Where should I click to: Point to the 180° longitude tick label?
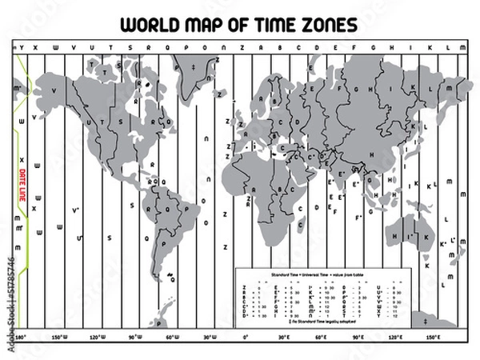[x=22, y=338]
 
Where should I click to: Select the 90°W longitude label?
[x=134, y=338]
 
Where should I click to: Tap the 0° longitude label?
[x=246, y=338]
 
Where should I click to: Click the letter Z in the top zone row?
[x=243, y=48]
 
